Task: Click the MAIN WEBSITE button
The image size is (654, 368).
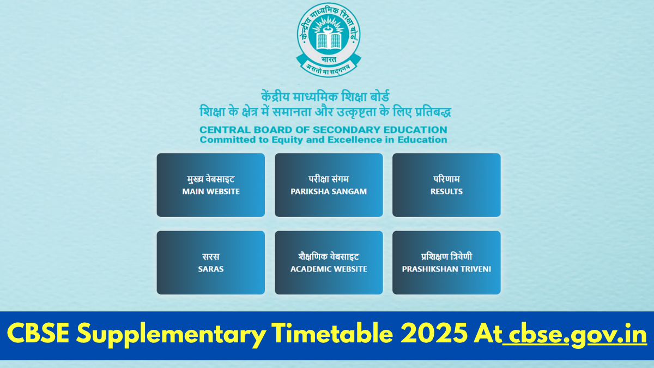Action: tap(211, 185)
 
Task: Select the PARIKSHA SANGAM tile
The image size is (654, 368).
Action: tap(329, 185)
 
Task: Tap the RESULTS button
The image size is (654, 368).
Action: tap(446, 185)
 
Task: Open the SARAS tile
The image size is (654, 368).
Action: tap(211, 262)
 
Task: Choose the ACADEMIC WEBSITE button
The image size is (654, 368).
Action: tap(329, 262)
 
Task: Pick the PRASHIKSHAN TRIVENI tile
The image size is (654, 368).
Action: tap(446, 262)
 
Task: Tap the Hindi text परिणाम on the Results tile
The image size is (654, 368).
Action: tap(446, 179)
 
